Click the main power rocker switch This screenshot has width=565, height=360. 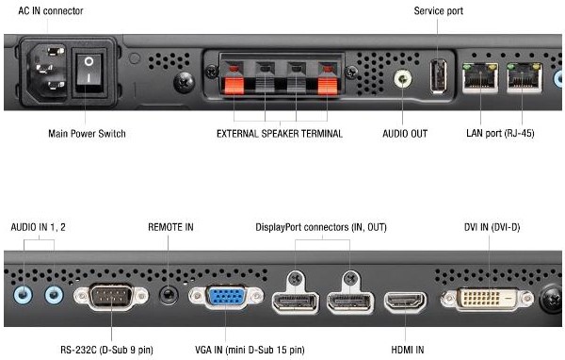(89, 73)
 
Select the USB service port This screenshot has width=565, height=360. (438, 76)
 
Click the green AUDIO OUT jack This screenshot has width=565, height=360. (402, 78)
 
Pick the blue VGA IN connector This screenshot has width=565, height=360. (226, 297)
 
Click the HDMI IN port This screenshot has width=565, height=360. (405, 302)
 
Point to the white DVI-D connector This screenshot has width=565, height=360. (487, 299)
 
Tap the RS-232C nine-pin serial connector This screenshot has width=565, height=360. (111, 297)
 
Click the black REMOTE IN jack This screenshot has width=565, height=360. (169, 295)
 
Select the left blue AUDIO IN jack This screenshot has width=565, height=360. (23, 295)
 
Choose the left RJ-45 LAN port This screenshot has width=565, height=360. (480, 77)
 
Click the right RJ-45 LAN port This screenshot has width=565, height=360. (524, 77)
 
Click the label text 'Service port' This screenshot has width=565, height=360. (438, 10)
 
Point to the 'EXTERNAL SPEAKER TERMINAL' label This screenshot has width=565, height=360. (280, 134)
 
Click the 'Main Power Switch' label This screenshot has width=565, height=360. (87, 134)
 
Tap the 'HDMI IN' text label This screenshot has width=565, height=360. (407, 350)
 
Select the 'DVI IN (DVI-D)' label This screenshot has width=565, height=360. (492, 227)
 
